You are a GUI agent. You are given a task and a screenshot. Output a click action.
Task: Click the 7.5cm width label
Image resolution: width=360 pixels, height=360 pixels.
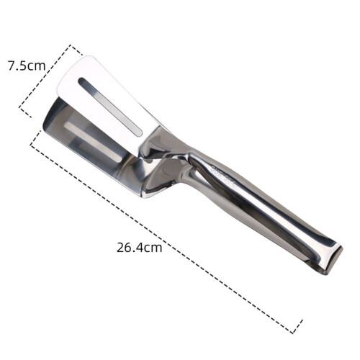pos(27,66)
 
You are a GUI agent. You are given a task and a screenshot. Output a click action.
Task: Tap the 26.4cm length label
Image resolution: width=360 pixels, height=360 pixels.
pos(140,248)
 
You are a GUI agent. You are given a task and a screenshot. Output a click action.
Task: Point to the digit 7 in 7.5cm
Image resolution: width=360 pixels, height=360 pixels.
pos(12,66)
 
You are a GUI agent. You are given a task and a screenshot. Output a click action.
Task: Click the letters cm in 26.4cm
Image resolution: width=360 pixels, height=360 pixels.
pos(153,248)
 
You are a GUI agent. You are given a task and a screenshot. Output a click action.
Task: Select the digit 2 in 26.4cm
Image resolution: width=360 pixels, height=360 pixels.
pos(120,248)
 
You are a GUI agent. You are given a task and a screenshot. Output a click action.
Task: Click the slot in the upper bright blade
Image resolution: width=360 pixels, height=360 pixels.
pos(110,106)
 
